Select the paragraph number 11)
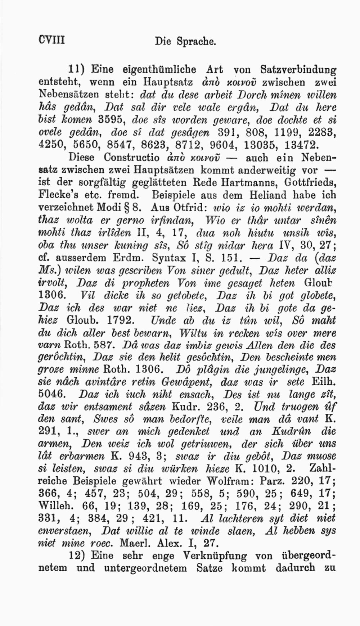[77, 69]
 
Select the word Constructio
[132, 158]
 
